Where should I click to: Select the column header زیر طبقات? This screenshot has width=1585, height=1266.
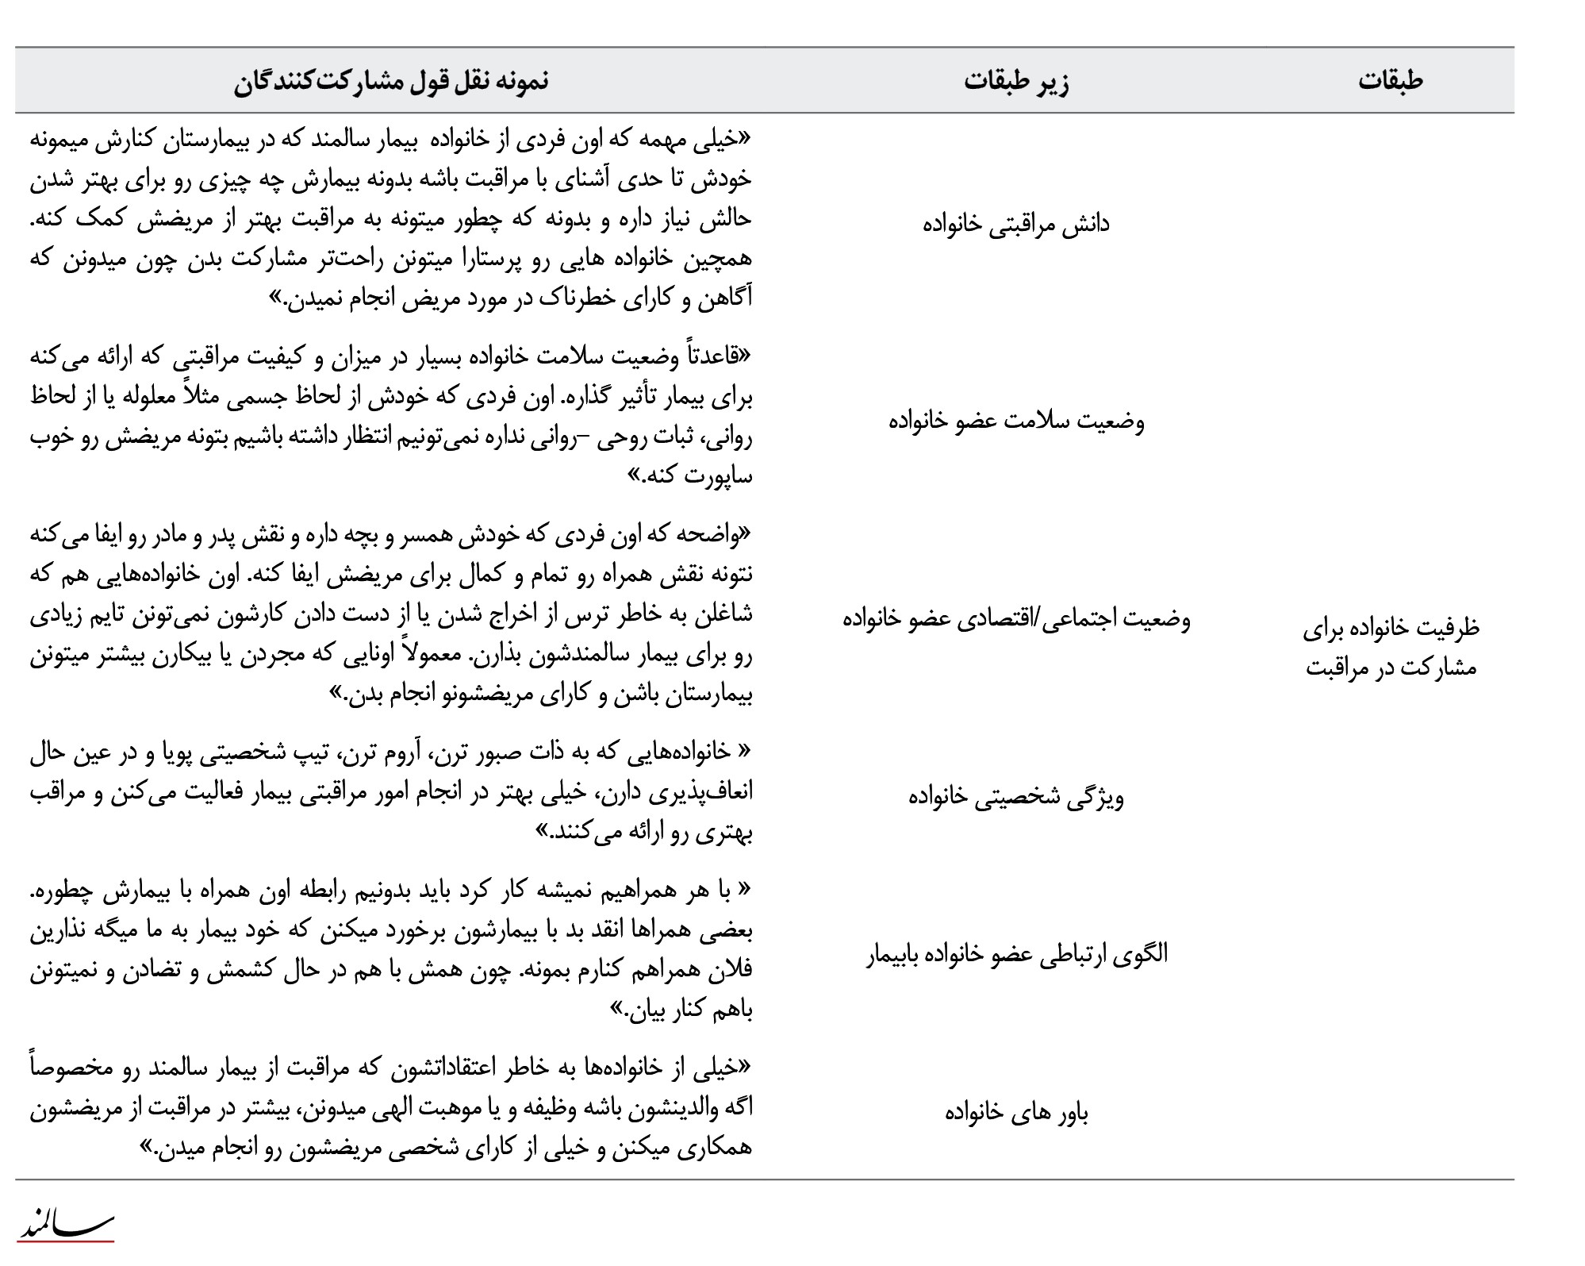[1016, 81]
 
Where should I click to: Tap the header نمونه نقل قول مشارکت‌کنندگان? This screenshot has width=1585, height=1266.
[391, 81]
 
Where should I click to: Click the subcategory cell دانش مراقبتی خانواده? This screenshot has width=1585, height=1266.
[1016, 224]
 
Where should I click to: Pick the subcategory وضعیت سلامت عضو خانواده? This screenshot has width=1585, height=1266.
[1016, 421]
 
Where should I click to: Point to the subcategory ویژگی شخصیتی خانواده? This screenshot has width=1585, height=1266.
[1016, 796]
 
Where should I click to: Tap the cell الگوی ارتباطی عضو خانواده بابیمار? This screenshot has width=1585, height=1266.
[1016, 953]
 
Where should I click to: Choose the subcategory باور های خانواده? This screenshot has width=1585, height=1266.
[1016, 1113]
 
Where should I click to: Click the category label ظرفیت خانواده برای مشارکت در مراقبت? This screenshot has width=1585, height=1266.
[1390, 647]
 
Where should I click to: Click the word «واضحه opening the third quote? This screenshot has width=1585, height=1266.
[712, 536]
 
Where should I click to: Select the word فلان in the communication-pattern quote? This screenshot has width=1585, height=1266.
[731, 972]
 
